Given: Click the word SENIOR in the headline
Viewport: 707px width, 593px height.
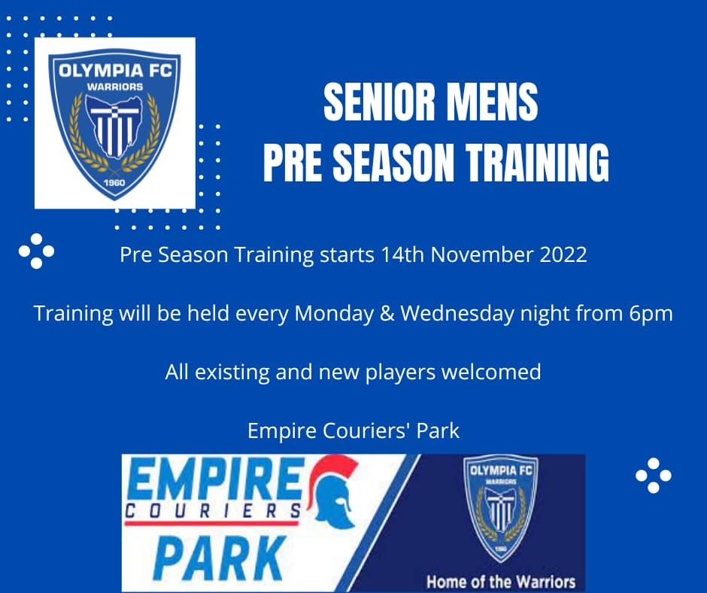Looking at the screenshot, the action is pos(379,102).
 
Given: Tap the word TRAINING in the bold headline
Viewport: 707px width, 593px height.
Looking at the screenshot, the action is pos(537,162).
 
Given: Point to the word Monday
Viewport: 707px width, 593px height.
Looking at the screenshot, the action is pos(334,314).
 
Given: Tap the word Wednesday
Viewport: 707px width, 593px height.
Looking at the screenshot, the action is pos(457,314).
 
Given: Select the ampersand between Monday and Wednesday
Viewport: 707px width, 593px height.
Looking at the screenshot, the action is pos(387,314).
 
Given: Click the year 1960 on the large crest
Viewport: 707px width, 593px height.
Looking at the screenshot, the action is pos(114,183).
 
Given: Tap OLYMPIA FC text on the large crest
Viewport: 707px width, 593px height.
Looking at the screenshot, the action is pos(115,71).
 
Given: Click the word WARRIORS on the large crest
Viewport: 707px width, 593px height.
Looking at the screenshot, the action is pos(115,87).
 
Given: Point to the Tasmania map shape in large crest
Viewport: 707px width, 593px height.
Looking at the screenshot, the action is pos(115,127).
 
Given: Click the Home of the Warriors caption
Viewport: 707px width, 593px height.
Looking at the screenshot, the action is pos(501,581).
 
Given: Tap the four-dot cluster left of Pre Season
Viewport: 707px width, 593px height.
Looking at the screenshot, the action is pos(36,251).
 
